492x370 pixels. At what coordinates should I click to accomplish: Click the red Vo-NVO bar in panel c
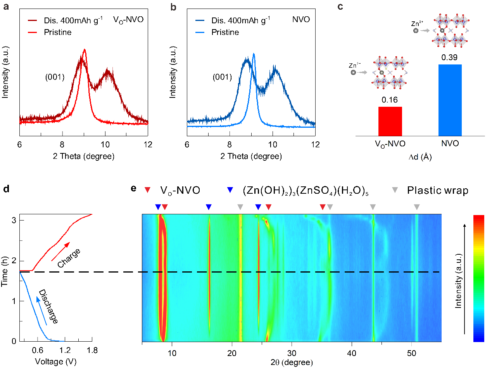[x=390, y=121]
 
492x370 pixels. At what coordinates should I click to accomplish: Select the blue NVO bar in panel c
[x=450, y=100]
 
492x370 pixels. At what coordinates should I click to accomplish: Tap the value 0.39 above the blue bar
[x=449, y=57]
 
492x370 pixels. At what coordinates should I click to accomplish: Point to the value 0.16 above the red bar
[x=390, y=100]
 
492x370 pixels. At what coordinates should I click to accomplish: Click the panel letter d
[x=6, y=189]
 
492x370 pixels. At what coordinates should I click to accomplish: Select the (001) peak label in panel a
[x=55, y=77]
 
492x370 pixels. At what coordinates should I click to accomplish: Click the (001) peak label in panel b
[x=222, y=77]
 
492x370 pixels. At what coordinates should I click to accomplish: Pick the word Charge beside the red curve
[x=69, y=258]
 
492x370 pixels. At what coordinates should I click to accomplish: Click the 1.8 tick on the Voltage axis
[x=92, y=350]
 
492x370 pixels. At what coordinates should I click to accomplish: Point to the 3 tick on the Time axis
[x=14, y=220]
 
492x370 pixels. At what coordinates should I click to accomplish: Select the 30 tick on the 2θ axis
[x=292, y=353]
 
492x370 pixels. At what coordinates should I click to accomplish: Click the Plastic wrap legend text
[x=437, y=190]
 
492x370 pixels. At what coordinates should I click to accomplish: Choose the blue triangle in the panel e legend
[x=230, y=190]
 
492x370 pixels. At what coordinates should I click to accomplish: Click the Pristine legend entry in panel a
[x=57, y=32]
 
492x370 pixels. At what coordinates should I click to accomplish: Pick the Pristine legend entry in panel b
[x=225, y=32]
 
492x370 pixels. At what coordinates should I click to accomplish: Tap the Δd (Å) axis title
[x=420, y=157]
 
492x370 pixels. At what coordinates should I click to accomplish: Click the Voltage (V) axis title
[x=55, y=361]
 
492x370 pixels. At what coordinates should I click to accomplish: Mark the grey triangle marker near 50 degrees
[x=416, y=207]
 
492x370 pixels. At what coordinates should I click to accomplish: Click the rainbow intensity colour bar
[x=478, y=278]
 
